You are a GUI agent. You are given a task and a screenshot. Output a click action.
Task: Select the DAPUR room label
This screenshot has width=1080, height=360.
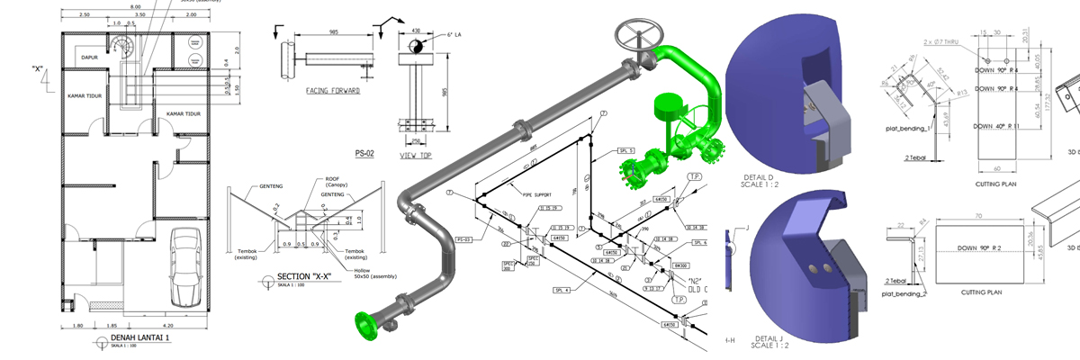pos(88,57)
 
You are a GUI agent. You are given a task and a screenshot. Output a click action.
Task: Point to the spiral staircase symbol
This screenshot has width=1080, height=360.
pos(121,44)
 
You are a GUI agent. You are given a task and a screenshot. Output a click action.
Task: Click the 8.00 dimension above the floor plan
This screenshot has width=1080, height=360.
pos(136,6)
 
